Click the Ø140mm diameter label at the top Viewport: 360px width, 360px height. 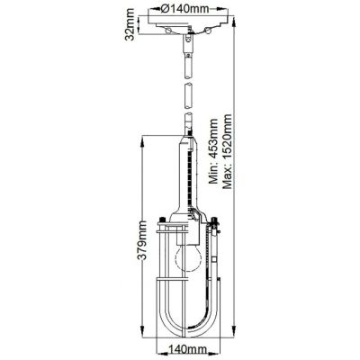click(184, 9)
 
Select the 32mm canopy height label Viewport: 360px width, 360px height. click(130, 25)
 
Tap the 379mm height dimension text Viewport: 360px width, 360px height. click(141, 240)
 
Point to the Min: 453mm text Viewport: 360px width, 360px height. click(214, 151)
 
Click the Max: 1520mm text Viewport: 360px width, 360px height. click(227, 151)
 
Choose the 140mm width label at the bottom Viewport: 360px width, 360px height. click(187, 349)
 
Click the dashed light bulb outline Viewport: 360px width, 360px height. click(187, 257)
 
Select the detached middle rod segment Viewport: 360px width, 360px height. click(188, 95)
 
